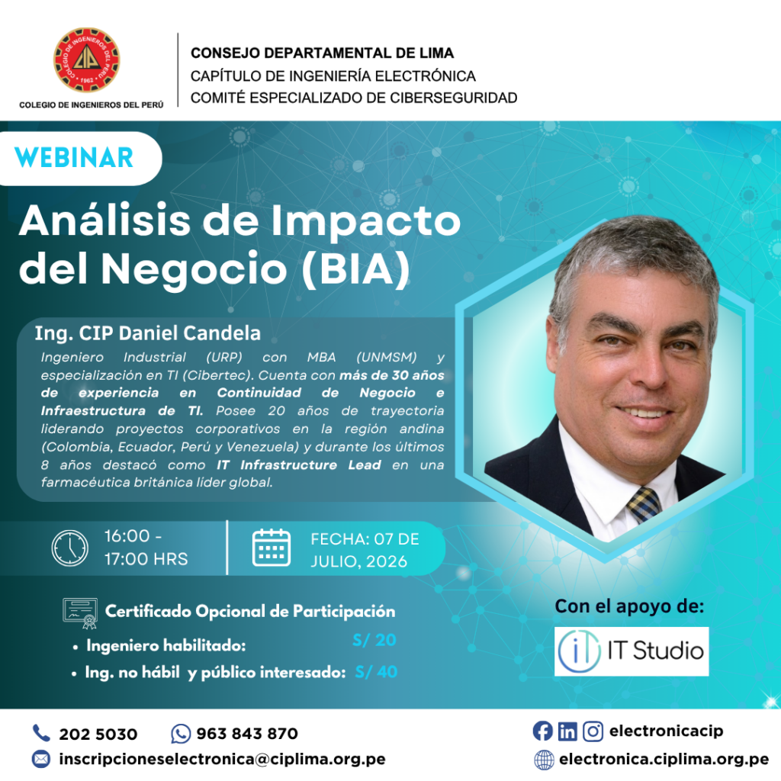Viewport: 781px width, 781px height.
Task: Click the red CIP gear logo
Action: point(87,59)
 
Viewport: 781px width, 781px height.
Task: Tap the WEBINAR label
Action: point(74,158)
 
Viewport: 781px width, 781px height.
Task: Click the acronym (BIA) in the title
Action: point(356,269)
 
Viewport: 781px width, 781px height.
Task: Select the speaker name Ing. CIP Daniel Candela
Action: point(147,333)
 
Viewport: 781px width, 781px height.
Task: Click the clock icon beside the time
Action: point(69,548)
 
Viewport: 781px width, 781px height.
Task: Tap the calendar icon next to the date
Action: point(272,548)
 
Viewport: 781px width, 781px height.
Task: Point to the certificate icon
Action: point(80,613)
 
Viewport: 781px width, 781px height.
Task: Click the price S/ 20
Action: point(374,640)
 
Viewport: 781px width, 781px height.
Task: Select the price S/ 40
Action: point(376,672)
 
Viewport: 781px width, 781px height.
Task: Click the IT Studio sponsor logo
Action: point(631,651)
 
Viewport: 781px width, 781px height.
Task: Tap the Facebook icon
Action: point(542,731)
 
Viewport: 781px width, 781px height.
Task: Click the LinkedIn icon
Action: point(567,731)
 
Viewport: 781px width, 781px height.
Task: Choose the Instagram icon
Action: point(593,731)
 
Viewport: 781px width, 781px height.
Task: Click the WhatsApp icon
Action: point(180,734)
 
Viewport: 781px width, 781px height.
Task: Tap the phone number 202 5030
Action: point(98,734)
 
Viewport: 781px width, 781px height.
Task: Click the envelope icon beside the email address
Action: point(41,759)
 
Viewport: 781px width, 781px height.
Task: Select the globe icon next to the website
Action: point(544,760)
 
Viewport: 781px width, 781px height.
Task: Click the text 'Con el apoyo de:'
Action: point(629,606)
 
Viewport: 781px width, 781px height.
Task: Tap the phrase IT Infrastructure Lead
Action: point(299,464)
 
